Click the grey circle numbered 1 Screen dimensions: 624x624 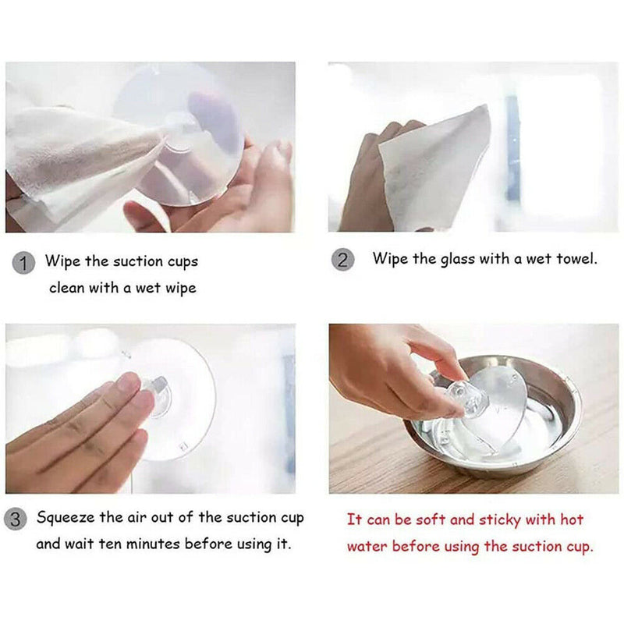click(23, 263)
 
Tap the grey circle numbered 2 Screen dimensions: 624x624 click(342, 260)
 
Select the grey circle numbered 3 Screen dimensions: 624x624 click(15, 519)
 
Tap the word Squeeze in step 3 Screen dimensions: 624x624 click(66, 518)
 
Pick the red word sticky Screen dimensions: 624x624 click(499, 520)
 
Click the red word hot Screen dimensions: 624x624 click(572, 519)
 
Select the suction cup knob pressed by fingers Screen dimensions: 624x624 click(158, 394)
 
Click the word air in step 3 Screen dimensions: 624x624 click(137, 517)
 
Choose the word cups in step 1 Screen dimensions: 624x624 click(183, 262)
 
